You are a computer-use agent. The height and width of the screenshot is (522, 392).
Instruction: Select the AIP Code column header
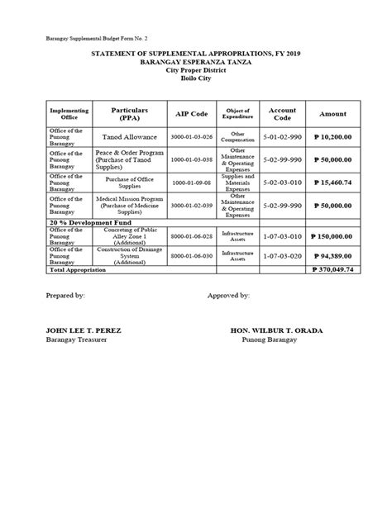pyautogui.click(x=191, y=114)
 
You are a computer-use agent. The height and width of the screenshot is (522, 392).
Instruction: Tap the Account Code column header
pyautogui.click(x=283, y=114)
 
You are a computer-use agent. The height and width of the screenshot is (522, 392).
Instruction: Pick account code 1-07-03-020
pyautogui.click(x=283, y=256)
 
